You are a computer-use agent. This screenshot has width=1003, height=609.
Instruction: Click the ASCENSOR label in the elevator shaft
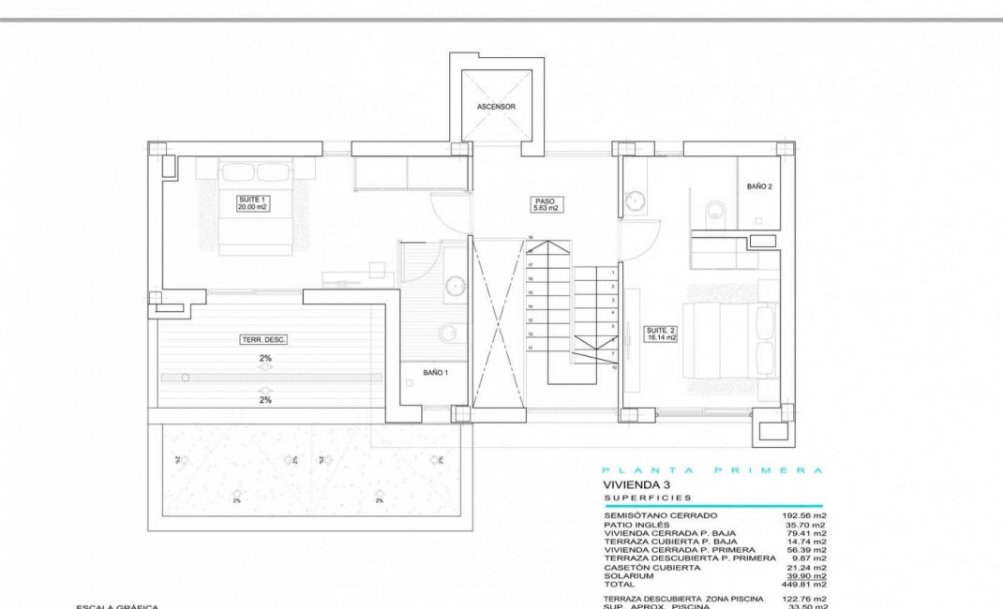[496, 107]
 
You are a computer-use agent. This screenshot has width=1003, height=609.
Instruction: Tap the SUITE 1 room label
[252, 202]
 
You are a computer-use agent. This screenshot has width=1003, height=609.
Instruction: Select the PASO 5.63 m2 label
[546, 204]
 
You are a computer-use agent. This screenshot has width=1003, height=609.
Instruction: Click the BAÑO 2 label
[759, 187]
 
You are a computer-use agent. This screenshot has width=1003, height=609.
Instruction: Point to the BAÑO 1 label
[435, 373]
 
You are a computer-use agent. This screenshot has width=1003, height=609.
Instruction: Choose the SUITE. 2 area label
[660, 333]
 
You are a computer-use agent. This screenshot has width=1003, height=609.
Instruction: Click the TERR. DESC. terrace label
[263, 340]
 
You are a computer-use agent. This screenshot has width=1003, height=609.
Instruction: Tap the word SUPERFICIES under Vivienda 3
[648, 498]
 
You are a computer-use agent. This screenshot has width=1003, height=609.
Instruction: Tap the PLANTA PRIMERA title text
[711, 470]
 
